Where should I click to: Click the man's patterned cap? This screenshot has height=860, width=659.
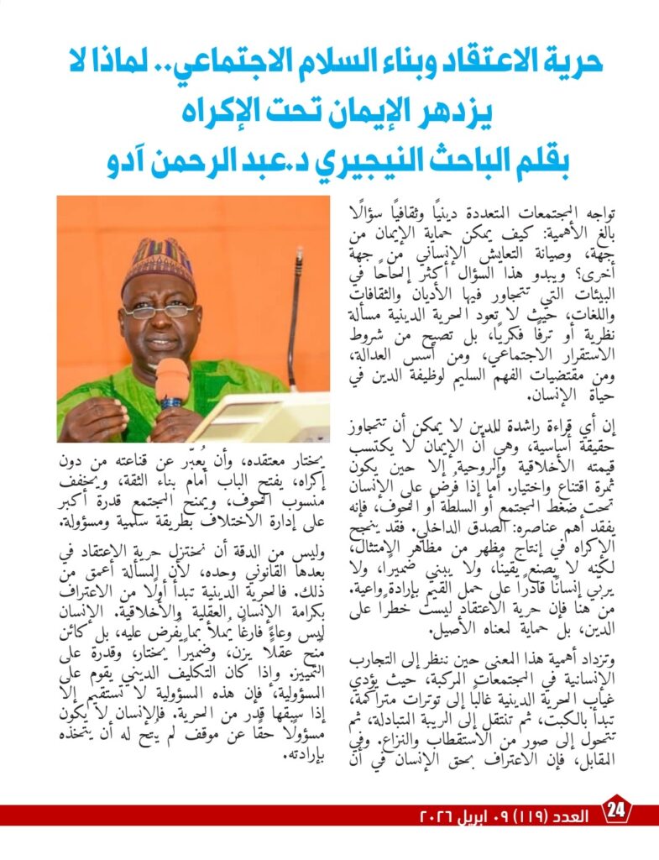(x=158, y=261)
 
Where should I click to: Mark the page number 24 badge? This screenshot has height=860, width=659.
(x=616, y=812)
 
